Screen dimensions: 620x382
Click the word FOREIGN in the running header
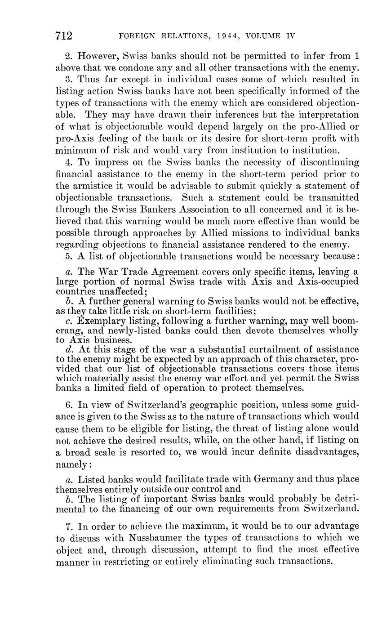click(x=133, y=36)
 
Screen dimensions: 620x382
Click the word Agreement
click(x=167, y=272)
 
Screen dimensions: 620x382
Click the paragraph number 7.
click(x=68, y=526)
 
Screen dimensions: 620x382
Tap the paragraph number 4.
click(x=69, y=162)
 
